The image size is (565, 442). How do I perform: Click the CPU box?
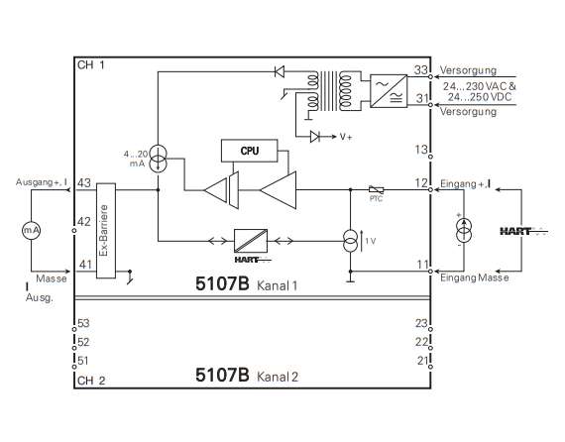tap(250, 151)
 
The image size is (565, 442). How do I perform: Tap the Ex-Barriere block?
tap(106, 231)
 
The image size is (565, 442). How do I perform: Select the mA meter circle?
tap(32, 230)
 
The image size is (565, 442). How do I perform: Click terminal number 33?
tap(421, 70)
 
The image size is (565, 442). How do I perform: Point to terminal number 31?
tap(422, 98)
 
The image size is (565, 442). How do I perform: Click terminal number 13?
tap(421, 149)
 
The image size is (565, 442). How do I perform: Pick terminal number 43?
tap(84, 183)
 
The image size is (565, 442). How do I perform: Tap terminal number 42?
tap(84, 222)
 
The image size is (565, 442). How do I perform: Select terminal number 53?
tap(83, 323)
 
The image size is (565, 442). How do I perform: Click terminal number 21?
tap(422, 360)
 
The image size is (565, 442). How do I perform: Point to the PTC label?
tap(376, 198)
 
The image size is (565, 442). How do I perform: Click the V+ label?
tap(346, 137)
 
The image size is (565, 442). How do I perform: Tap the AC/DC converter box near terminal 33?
tap(389, 91)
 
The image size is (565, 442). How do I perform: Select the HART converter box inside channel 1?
tap(251, 241)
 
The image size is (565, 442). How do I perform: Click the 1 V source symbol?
tap(350, 242)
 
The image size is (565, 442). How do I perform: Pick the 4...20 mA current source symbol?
tap(159, 159)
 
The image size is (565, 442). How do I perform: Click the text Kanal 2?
tap(278, 377)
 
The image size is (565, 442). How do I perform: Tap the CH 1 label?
tap(91, 65)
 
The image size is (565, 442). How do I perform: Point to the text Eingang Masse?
tap(475, 277)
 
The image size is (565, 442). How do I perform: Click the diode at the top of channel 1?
tap(280, 71)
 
